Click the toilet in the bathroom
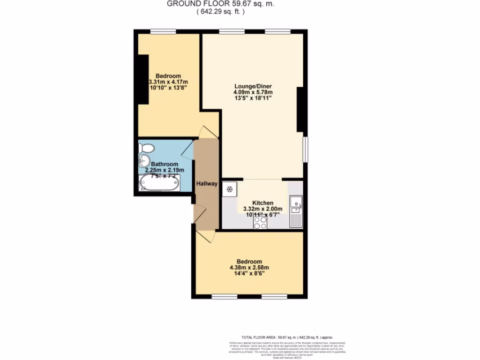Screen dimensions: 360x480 pos(147,148)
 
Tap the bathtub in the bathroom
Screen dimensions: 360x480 pos(159,183)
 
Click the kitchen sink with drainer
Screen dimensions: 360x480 pos(296,211)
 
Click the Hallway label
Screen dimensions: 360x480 pos(207,184)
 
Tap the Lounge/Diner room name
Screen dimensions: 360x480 pos(253,86)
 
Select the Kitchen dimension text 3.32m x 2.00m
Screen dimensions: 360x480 pos(262,209)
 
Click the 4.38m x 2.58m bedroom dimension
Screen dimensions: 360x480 pos(249,268)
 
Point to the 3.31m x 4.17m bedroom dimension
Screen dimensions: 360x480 pos(168,82)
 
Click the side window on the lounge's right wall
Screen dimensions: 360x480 pos(306,150)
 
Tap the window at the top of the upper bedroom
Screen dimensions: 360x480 pos(163,31)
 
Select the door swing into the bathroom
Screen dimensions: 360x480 pos(187,151)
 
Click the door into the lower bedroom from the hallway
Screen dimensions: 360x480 pos(205,236)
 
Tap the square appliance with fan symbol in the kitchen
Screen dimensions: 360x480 pos(230,190)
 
